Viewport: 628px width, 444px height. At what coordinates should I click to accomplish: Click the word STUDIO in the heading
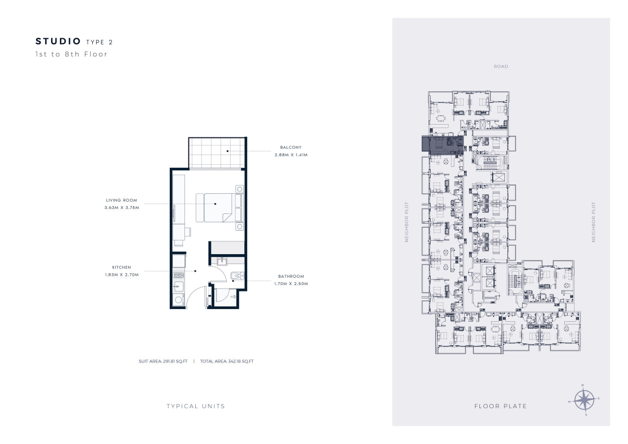[x=58, y=41]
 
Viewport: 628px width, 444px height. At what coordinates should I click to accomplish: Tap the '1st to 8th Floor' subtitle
[x=71, y=54]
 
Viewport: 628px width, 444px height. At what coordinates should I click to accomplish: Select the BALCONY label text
[x=291, y=147]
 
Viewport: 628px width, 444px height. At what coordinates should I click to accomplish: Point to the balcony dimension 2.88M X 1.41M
[x=291, y=155]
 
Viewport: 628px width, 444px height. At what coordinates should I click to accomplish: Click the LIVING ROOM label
[x=122, y=200]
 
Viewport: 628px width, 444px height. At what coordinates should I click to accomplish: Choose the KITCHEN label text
[x=122, y=267]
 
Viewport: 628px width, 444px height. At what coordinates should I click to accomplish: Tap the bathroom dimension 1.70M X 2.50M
[x=291, y=284]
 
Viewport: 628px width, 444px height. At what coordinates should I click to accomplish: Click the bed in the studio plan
[x=219, y=208]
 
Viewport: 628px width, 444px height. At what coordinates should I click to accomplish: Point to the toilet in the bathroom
[x=237, y=276]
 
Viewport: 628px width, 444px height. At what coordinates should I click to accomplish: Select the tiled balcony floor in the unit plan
[x=216, y=153]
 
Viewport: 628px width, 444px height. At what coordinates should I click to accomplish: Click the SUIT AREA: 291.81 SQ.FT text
[x=163, y=361]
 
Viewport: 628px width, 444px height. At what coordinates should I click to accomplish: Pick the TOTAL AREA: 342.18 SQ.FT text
[x=227, y=361]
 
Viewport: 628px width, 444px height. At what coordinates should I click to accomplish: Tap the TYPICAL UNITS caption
[x=196, y=406]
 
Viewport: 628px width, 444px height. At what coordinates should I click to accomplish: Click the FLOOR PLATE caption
[x=501, y=406]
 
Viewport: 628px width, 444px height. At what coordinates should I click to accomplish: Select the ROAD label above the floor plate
[x=501, y=66]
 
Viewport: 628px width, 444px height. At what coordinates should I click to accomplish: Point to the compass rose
[x=584, y=400]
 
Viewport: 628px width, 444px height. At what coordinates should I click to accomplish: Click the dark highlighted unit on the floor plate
[x=443, y=145]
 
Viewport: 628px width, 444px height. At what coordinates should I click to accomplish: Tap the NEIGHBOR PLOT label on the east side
[x=593, y=222]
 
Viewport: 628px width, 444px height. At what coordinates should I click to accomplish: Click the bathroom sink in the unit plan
[x=222, y=261]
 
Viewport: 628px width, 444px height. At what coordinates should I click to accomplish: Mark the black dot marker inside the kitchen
[x=195, y=271]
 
